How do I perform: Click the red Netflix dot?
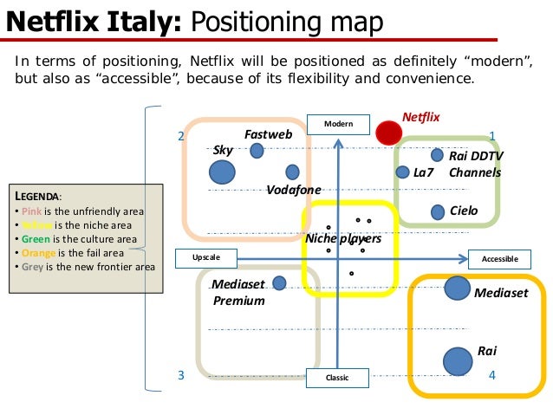click(388, 132)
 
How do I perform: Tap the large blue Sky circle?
click(223, 172)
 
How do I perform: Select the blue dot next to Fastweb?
click(257, 152)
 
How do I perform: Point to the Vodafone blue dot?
click(292, 172)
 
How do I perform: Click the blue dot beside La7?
click(402, 172)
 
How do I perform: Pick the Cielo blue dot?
click(437, 211)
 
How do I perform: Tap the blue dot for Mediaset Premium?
click(279, 283)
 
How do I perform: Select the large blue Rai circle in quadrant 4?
click(455, 361)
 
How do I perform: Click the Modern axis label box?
click(338, 125)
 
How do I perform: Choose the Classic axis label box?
click(337, 378)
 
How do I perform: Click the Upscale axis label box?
click(205, 258)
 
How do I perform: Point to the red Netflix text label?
click(421, 116)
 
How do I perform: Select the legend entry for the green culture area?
click(79, 238)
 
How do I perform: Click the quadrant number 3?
click(181, 375)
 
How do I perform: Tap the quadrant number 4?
click(491, 375)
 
